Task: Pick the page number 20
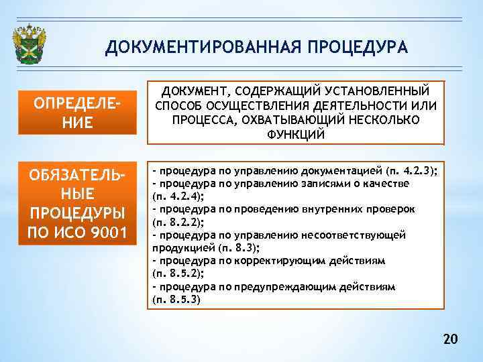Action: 450,340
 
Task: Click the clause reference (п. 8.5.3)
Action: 176,299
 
